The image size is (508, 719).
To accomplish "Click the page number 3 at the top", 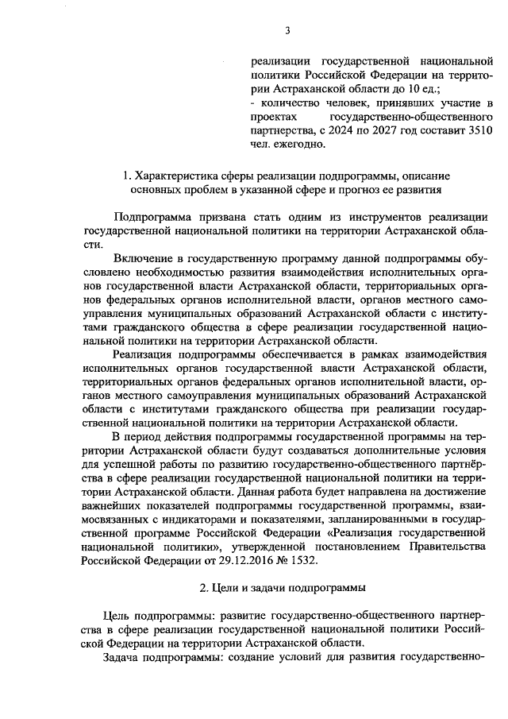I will pyautogui.click(x=288, y=31).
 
